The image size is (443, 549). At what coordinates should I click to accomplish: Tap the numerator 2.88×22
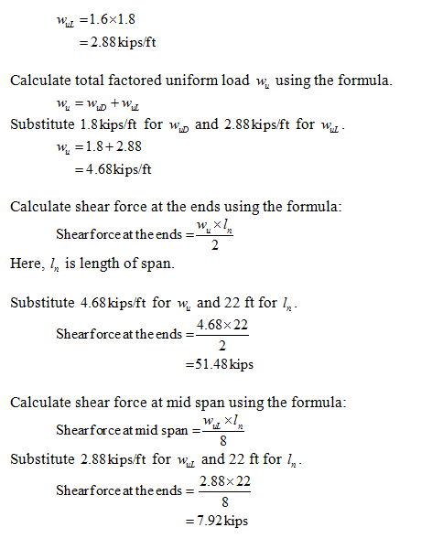click(224, 481)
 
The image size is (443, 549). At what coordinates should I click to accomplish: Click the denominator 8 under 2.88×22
click(224, 501)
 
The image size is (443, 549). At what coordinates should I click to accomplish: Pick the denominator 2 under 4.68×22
click(223, 345)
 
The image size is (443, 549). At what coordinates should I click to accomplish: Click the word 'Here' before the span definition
click(25, 263)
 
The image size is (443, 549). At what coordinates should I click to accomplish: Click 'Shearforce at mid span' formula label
click(122, 429)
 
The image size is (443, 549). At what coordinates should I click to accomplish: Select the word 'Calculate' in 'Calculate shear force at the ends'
click(40, 207)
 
